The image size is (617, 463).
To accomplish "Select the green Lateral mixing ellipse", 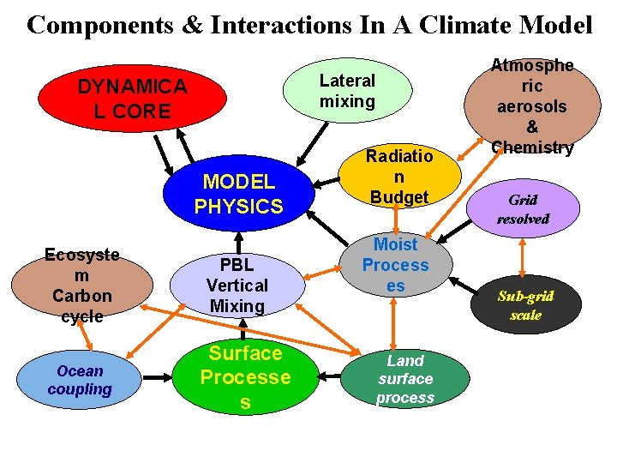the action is [x=347, y=91].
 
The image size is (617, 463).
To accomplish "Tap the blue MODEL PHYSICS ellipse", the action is [x=238, y=194].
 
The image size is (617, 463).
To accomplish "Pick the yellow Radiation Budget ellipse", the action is [x=397, y=177].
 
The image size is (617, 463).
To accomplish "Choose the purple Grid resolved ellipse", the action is [x=523, y=209].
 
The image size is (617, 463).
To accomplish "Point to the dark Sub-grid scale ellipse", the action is [x=525, y=305].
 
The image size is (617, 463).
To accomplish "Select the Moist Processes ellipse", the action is [x=395, y=266].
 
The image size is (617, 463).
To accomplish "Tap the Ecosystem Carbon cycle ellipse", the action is [x=82, y=285].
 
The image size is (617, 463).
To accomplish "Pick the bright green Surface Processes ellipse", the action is [x=245, y=377].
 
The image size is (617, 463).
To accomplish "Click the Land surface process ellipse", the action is [x=405, y=378].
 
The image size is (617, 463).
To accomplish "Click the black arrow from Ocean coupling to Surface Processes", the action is [x=159, y=376].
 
